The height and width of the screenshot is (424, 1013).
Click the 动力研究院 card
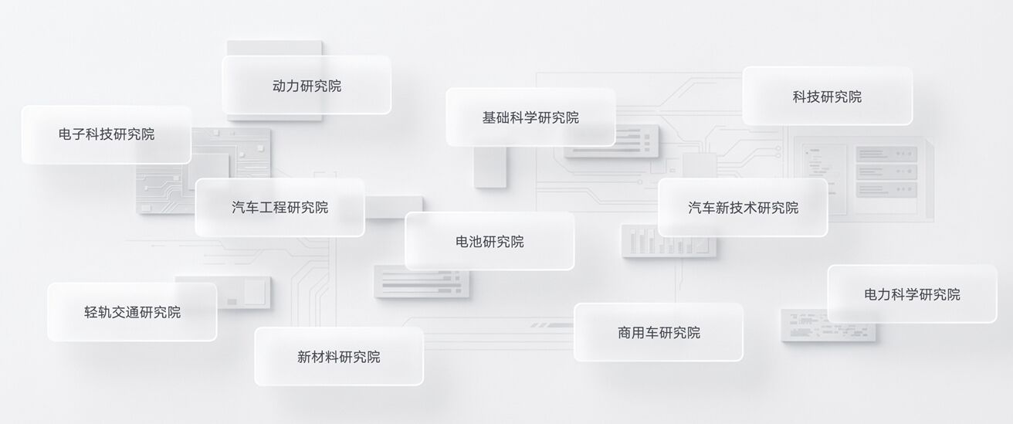(x=307, y=85)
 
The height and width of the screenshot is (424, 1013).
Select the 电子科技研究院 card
(x=107, y=134)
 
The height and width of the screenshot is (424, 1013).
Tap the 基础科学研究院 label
(x=530, y=117)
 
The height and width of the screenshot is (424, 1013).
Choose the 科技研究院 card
(x=827, y=96)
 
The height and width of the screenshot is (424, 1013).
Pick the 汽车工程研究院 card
(x=280, y=207)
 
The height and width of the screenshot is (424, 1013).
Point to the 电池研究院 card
(x=490, y=241)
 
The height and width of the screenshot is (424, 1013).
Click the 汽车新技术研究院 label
(x=743, y=208)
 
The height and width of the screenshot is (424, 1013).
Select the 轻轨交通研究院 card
(x=132, y=312)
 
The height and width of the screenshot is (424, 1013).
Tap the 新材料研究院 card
(x=339, y=357)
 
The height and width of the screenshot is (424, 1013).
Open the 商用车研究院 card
(x=659, y=333)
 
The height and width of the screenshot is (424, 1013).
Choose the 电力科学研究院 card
(x=912, y=294)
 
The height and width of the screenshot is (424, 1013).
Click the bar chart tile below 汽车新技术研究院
(x=669, y=241)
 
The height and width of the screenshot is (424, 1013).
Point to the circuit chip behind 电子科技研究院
(x=204, y=171)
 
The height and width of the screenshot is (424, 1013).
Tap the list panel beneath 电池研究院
(x=422, y=282)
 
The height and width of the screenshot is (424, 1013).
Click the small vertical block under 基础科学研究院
(x=490, y=167)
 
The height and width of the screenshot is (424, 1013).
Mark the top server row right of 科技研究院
(x=886, y=154)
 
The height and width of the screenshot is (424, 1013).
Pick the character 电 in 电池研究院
(x=462, y=242)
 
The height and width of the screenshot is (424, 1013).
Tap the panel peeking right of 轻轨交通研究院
(x=244, y=293)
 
